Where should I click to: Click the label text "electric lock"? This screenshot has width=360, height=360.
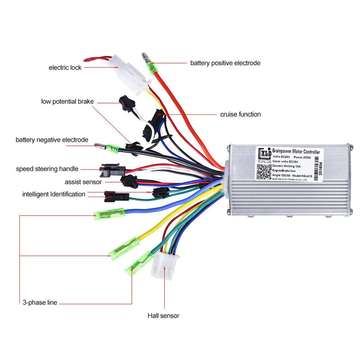66,67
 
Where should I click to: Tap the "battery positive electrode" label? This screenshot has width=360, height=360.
225,63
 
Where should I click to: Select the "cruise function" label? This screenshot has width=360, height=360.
240,114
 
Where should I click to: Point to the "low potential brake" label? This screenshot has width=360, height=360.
67,102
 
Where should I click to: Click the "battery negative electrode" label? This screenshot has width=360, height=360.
52,140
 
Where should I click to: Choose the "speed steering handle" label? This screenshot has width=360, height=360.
47,169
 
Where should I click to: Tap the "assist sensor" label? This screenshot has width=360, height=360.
83,182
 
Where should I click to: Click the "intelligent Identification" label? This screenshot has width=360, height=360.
54,194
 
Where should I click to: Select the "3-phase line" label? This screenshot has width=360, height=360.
40,302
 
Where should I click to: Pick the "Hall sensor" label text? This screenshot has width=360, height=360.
163,316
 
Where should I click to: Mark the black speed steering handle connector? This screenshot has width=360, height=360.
110,169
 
